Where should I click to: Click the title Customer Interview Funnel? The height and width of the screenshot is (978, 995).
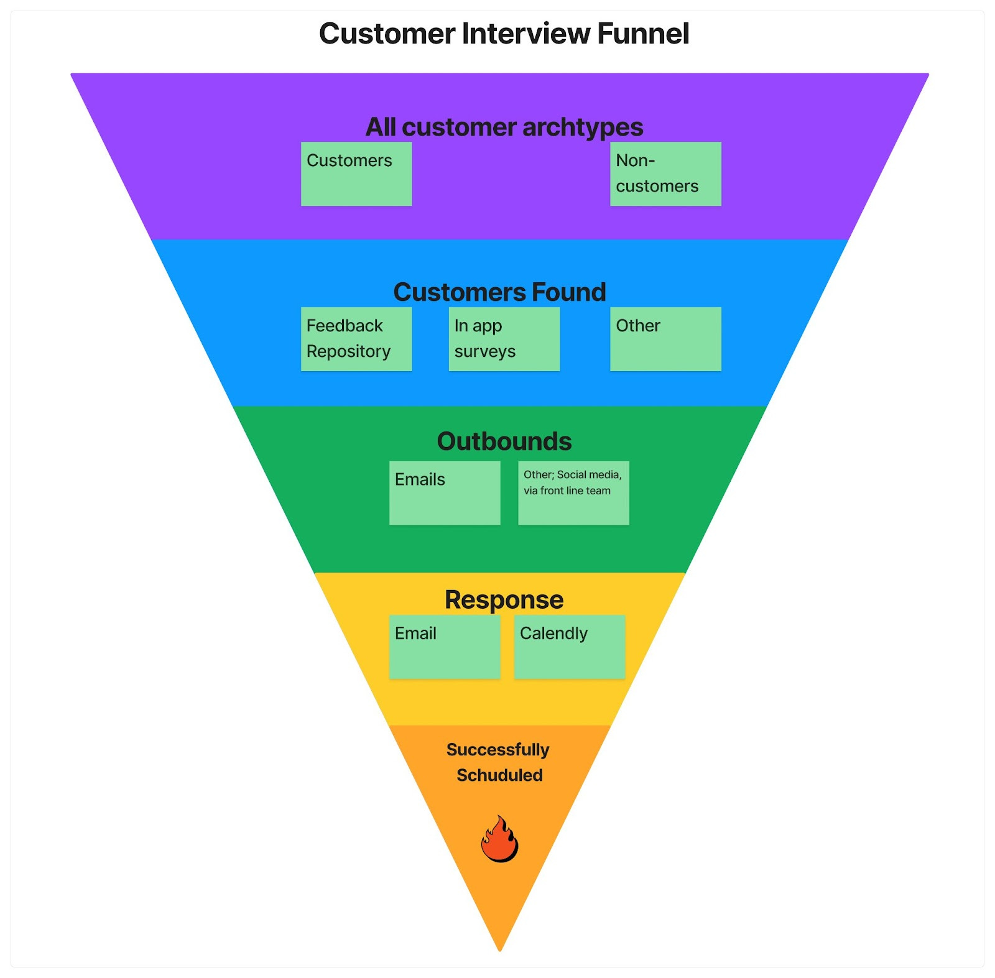[x=504, y=34]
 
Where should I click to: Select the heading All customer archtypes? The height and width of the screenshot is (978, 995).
[x=504, y=127]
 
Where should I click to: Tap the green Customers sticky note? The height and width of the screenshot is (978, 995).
[x=356, y=173]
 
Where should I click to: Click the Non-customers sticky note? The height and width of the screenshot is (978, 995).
[x=665, y=173]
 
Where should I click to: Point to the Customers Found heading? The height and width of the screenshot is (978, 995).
[x=499, y=292]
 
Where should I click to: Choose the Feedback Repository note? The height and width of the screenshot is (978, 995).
[x=356, y=339]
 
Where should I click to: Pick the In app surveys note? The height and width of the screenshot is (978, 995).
[x=504, y=339]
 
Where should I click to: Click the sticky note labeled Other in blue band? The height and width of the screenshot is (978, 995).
[x=665, y=339]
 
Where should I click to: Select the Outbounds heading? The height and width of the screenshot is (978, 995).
[x=504, y=441]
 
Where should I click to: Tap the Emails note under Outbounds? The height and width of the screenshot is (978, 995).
[x=445, y=492]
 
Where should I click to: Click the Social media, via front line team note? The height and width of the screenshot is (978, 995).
[x=573, y=492]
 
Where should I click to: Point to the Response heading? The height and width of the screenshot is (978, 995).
[x=504, y=599]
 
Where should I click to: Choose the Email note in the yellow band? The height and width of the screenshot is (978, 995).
[x=445, y=647]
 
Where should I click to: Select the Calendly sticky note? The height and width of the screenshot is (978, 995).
[x=570, y=647]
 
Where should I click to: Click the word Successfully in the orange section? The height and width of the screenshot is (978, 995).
[x=498, y=750]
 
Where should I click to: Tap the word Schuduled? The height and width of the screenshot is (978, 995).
[x=499, y=775]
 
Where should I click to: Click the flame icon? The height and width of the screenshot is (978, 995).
[x=499, y=839]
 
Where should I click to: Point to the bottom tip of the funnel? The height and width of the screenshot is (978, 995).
[x=499, y=951]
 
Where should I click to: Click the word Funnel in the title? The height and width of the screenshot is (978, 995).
[x=643, y=34]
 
